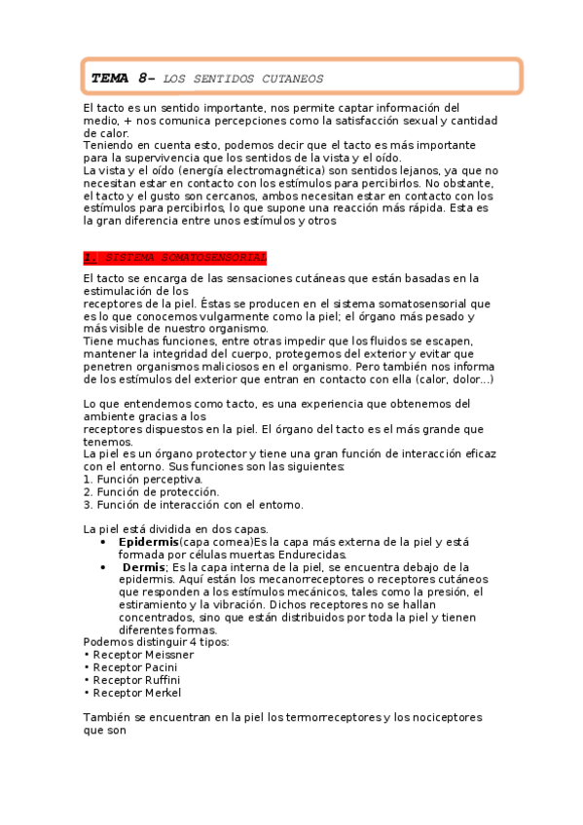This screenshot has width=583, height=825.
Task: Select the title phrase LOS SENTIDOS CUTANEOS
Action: point(243,78)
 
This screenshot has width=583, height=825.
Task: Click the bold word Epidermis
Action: point(148,541)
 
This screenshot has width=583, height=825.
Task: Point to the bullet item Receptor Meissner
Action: point(142,655)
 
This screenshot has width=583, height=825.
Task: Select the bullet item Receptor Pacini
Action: point(135,667)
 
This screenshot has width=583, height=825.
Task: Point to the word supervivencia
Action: point(163,157)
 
